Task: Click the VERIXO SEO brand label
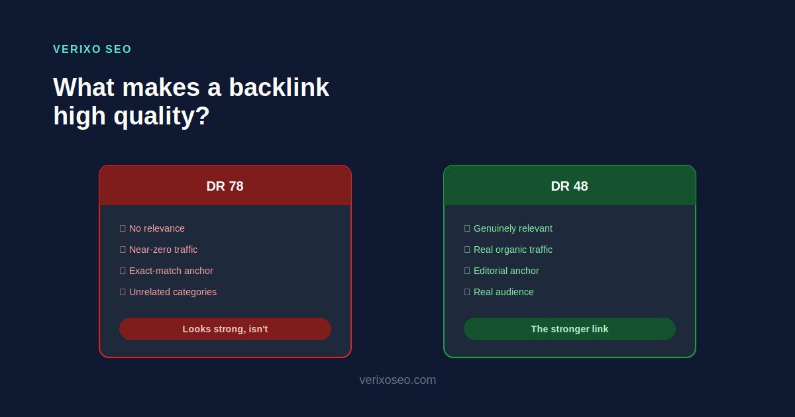coord(92,49)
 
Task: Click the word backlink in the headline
coord(279,87)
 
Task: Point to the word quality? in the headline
coord(162,116)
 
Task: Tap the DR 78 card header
coord(225,186)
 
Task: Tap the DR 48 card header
coord(569,186)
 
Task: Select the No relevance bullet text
coord(157,228)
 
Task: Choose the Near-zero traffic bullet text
coord(163,250)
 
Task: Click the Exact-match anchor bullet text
coord(171,271)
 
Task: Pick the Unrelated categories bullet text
coord(173,292)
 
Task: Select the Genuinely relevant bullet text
coord(513,228)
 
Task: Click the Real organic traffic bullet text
coord(513,250)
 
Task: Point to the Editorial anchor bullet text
coord(506,271)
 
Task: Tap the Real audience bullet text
coord(503,292)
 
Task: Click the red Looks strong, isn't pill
coord(225,329)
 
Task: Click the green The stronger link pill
coord(569,329)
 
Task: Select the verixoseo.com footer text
coord(397,380)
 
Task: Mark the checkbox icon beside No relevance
coord(123,228)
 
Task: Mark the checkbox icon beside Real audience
coord(467,292)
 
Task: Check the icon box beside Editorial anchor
coord(467,271)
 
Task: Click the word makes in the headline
coord(161,87)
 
